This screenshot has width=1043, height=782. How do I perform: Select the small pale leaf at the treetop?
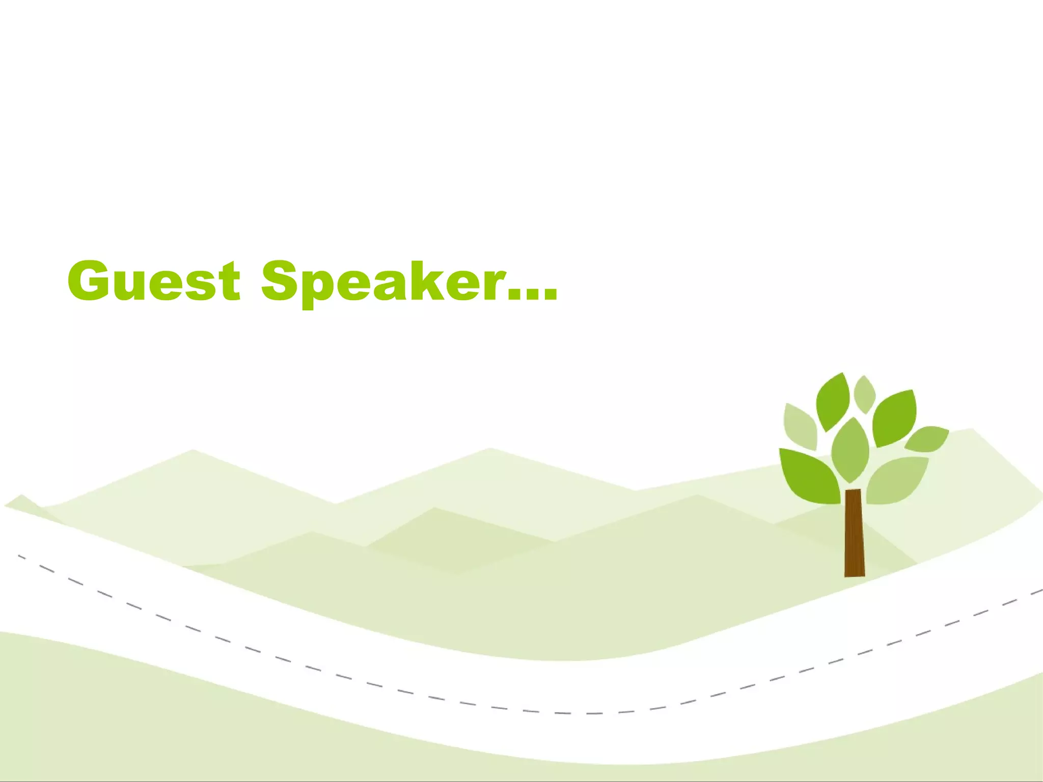pos(864,394)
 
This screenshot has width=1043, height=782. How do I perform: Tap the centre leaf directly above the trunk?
pos(850,450)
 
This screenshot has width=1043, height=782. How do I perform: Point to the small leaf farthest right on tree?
pos(927,439)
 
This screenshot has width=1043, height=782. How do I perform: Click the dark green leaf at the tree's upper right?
pos(895,418)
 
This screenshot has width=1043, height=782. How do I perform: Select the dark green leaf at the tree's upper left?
pos(832,402)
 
